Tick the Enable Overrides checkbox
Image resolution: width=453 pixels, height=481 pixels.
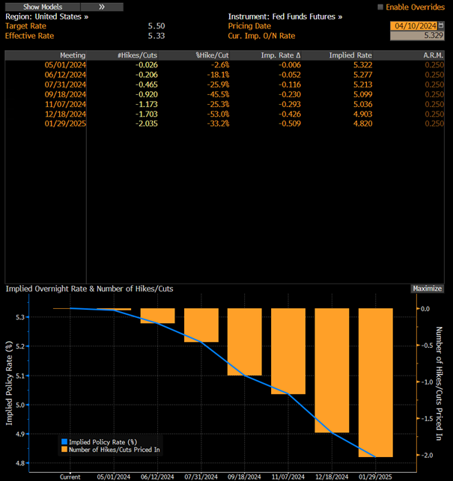(380, 7)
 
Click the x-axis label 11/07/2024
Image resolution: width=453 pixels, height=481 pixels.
(288, 476)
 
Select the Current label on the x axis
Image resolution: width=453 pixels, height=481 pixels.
(70, 476)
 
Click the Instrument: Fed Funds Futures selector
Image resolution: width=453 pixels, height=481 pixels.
(285, 16)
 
